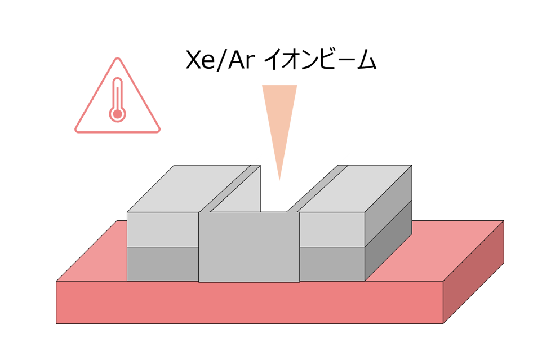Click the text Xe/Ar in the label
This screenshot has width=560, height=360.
(220, 60)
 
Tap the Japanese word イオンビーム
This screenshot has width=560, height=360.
(320, 60)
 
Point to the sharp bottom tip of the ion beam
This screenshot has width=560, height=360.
(279, 180)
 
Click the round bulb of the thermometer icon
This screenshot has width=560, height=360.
(117, 114)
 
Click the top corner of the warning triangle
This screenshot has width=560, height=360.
(118, 58)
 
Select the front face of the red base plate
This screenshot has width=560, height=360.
(249, 302)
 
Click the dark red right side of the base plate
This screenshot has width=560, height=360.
(473, 272)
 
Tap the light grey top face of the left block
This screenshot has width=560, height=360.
(189, 188)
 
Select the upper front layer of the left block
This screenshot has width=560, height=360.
(163, 229)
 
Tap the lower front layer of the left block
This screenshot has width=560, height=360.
(163, 264)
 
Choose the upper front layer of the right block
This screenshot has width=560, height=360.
(332, 229)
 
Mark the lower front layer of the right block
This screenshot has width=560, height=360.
(332, 264)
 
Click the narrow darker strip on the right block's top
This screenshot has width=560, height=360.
(318, 188)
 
